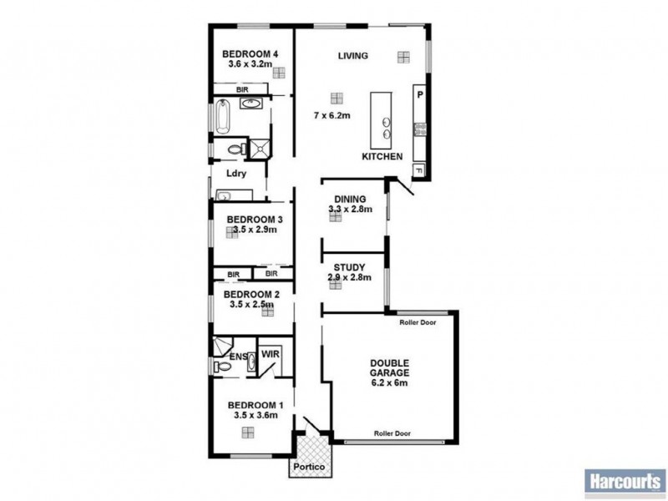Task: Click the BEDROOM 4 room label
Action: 250,56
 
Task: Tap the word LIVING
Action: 353,56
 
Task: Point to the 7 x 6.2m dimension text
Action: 331,114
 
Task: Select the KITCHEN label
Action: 382,157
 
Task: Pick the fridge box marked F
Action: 418,171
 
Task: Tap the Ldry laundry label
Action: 235,175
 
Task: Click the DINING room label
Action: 350,198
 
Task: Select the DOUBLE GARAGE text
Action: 390,368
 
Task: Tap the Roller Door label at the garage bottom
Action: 392,433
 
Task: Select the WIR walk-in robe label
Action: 270,354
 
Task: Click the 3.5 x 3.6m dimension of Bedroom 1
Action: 253,414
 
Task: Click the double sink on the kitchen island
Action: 387,127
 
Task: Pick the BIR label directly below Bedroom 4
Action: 242,88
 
